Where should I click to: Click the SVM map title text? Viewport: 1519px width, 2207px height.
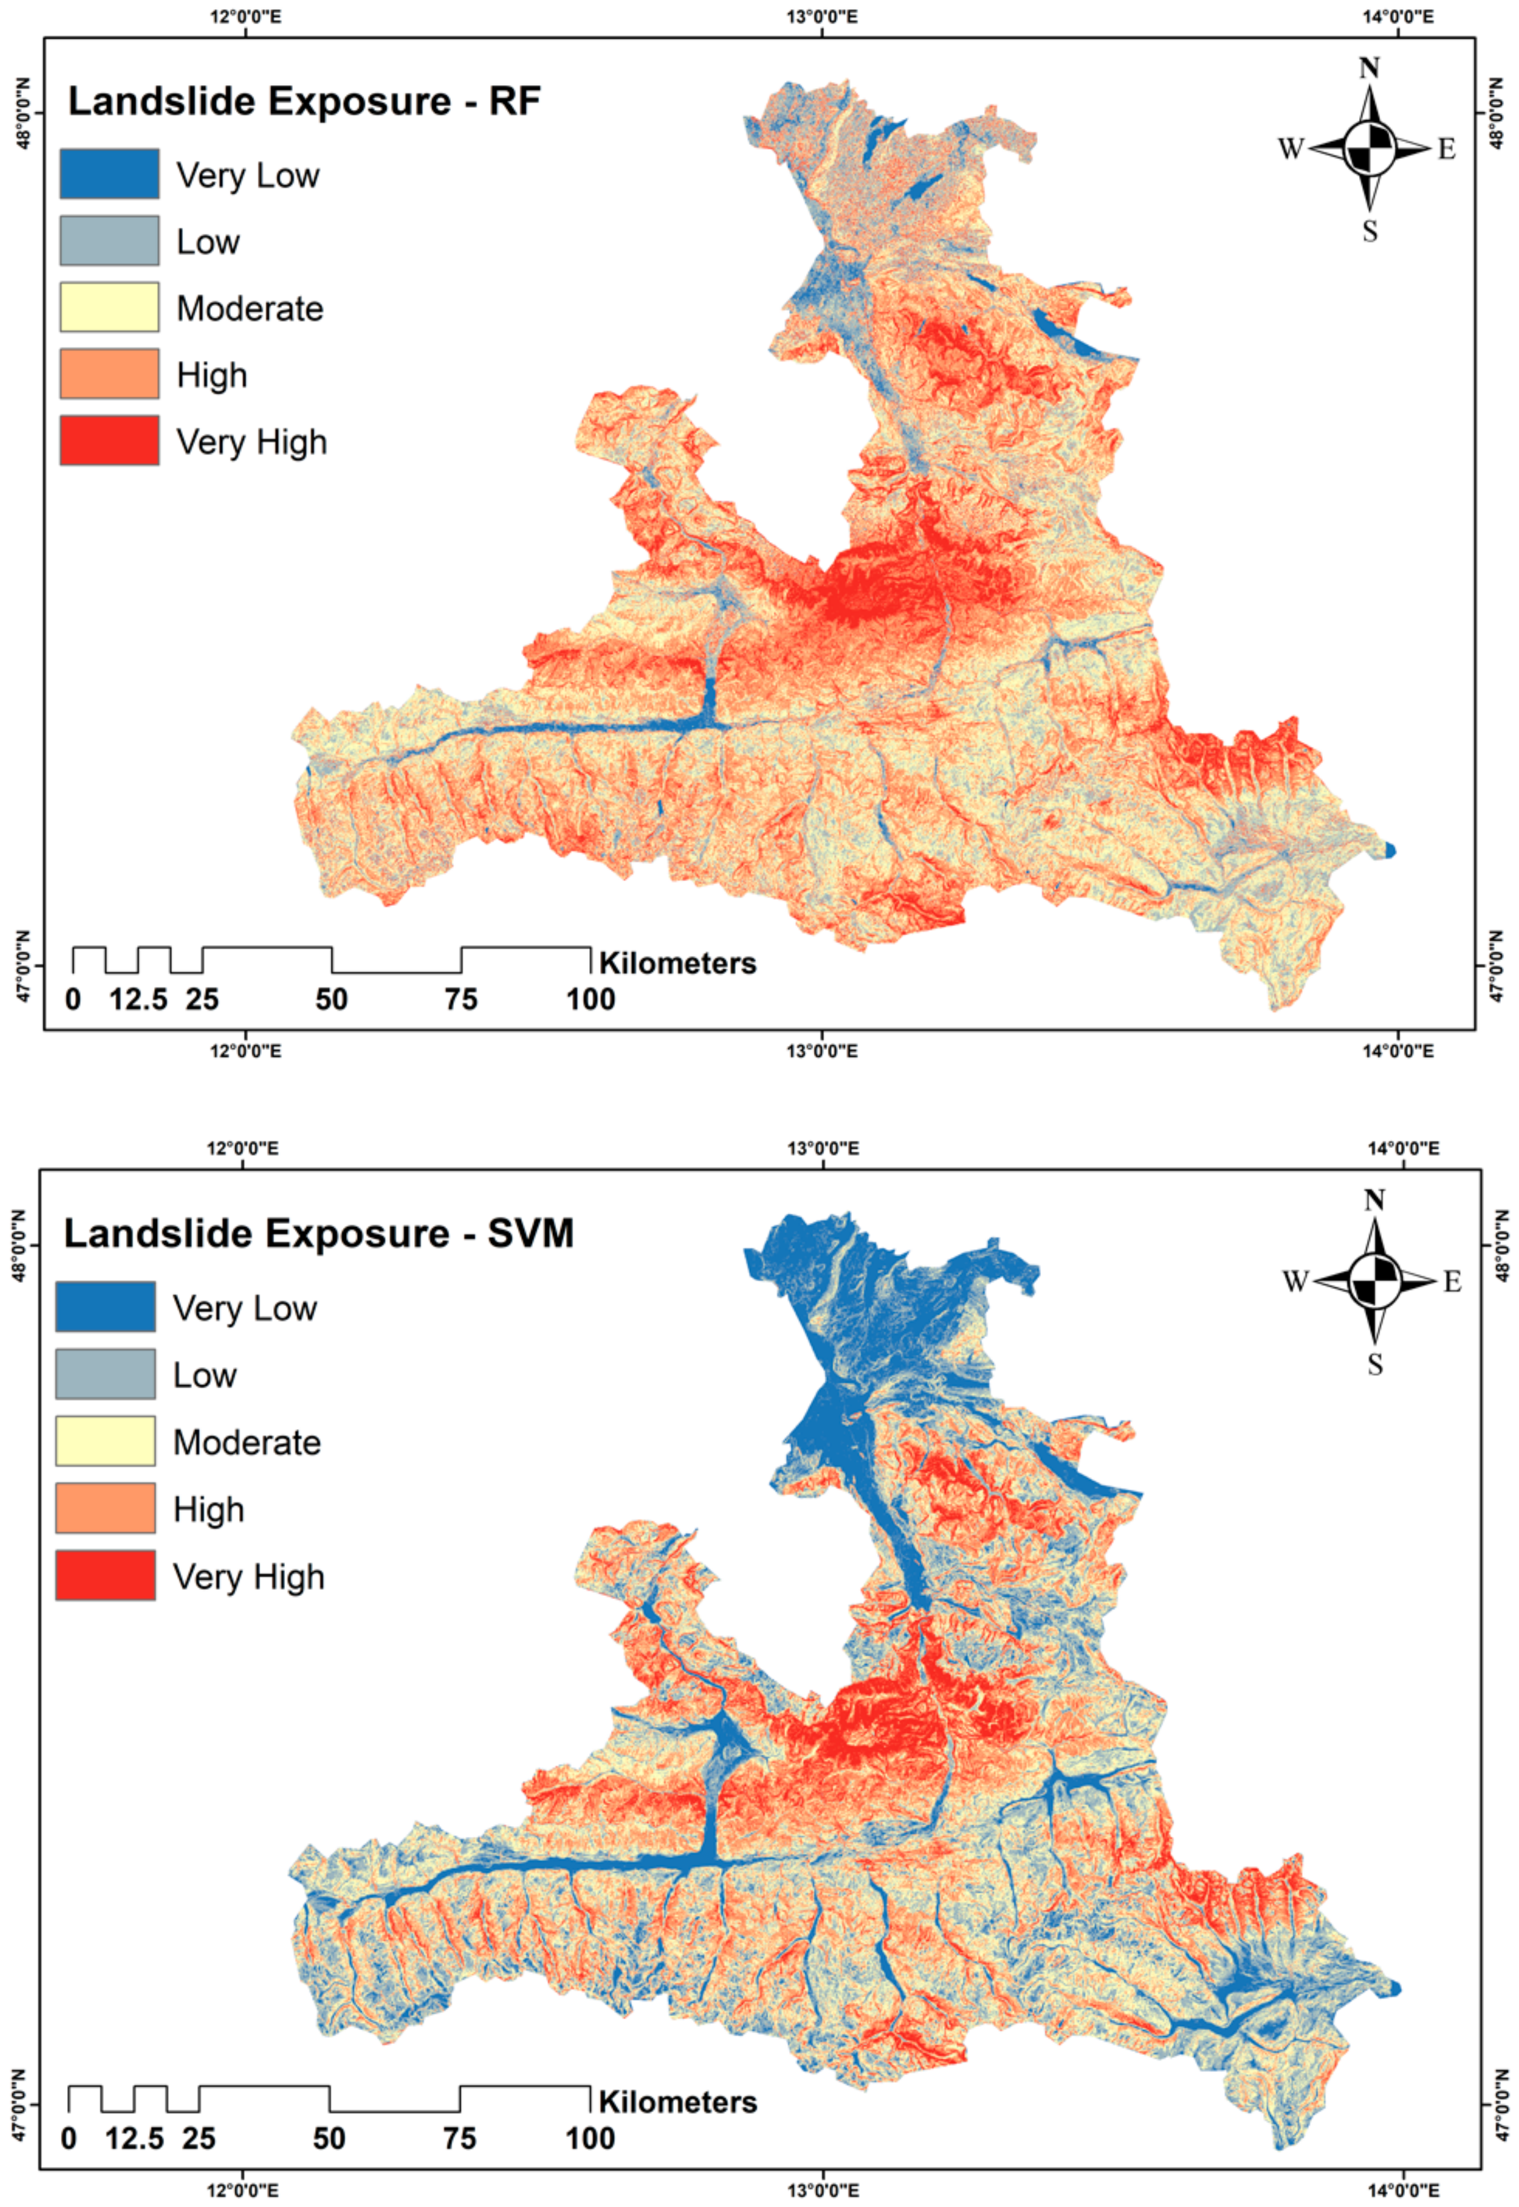click(319, 1234)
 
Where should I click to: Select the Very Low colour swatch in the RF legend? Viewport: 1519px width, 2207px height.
click(109, 173)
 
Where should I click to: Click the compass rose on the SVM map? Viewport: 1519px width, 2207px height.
click(1374, 1281)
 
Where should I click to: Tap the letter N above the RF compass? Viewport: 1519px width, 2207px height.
click(1369, 68)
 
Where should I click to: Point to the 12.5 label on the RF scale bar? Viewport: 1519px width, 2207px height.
click(138, 999)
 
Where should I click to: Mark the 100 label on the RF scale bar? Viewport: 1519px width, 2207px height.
click(591, 999)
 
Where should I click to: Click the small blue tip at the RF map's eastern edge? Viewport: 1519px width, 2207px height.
click(1390, 850)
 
